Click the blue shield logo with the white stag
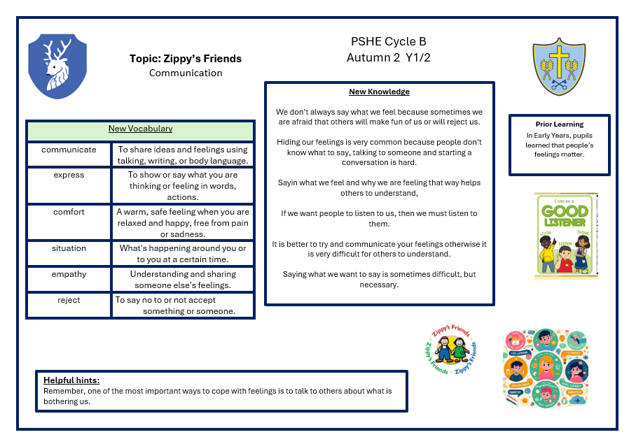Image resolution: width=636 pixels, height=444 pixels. point(57,66)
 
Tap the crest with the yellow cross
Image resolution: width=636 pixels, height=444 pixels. point(558,66)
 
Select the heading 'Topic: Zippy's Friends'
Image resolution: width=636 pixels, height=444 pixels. point(186,59)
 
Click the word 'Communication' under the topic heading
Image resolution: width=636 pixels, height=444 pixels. point(186,73)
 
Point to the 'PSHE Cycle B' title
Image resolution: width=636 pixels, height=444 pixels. point(388,42)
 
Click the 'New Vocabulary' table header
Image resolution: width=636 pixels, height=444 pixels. point(140,129)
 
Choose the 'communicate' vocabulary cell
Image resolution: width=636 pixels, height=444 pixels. point(69,150)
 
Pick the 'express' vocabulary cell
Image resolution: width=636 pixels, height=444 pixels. point(69,175)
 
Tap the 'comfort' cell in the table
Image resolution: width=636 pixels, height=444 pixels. point(69,212)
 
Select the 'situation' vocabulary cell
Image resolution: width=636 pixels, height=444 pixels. point(69,248)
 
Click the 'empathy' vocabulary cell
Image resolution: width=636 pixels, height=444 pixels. point(69,274)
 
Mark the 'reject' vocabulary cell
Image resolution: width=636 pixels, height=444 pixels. point(69,300)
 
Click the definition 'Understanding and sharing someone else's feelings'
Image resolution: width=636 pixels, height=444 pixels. point(183,280)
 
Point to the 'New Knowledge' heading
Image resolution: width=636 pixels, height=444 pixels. point(379,92)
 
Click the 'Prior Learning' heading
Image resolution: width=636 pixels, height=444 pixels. point(559,124)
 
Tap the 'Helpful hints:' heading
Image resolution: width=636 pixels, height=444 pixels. point(71,380)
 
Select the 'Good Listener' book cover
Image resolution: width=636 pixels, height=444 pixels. point(566,236)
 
